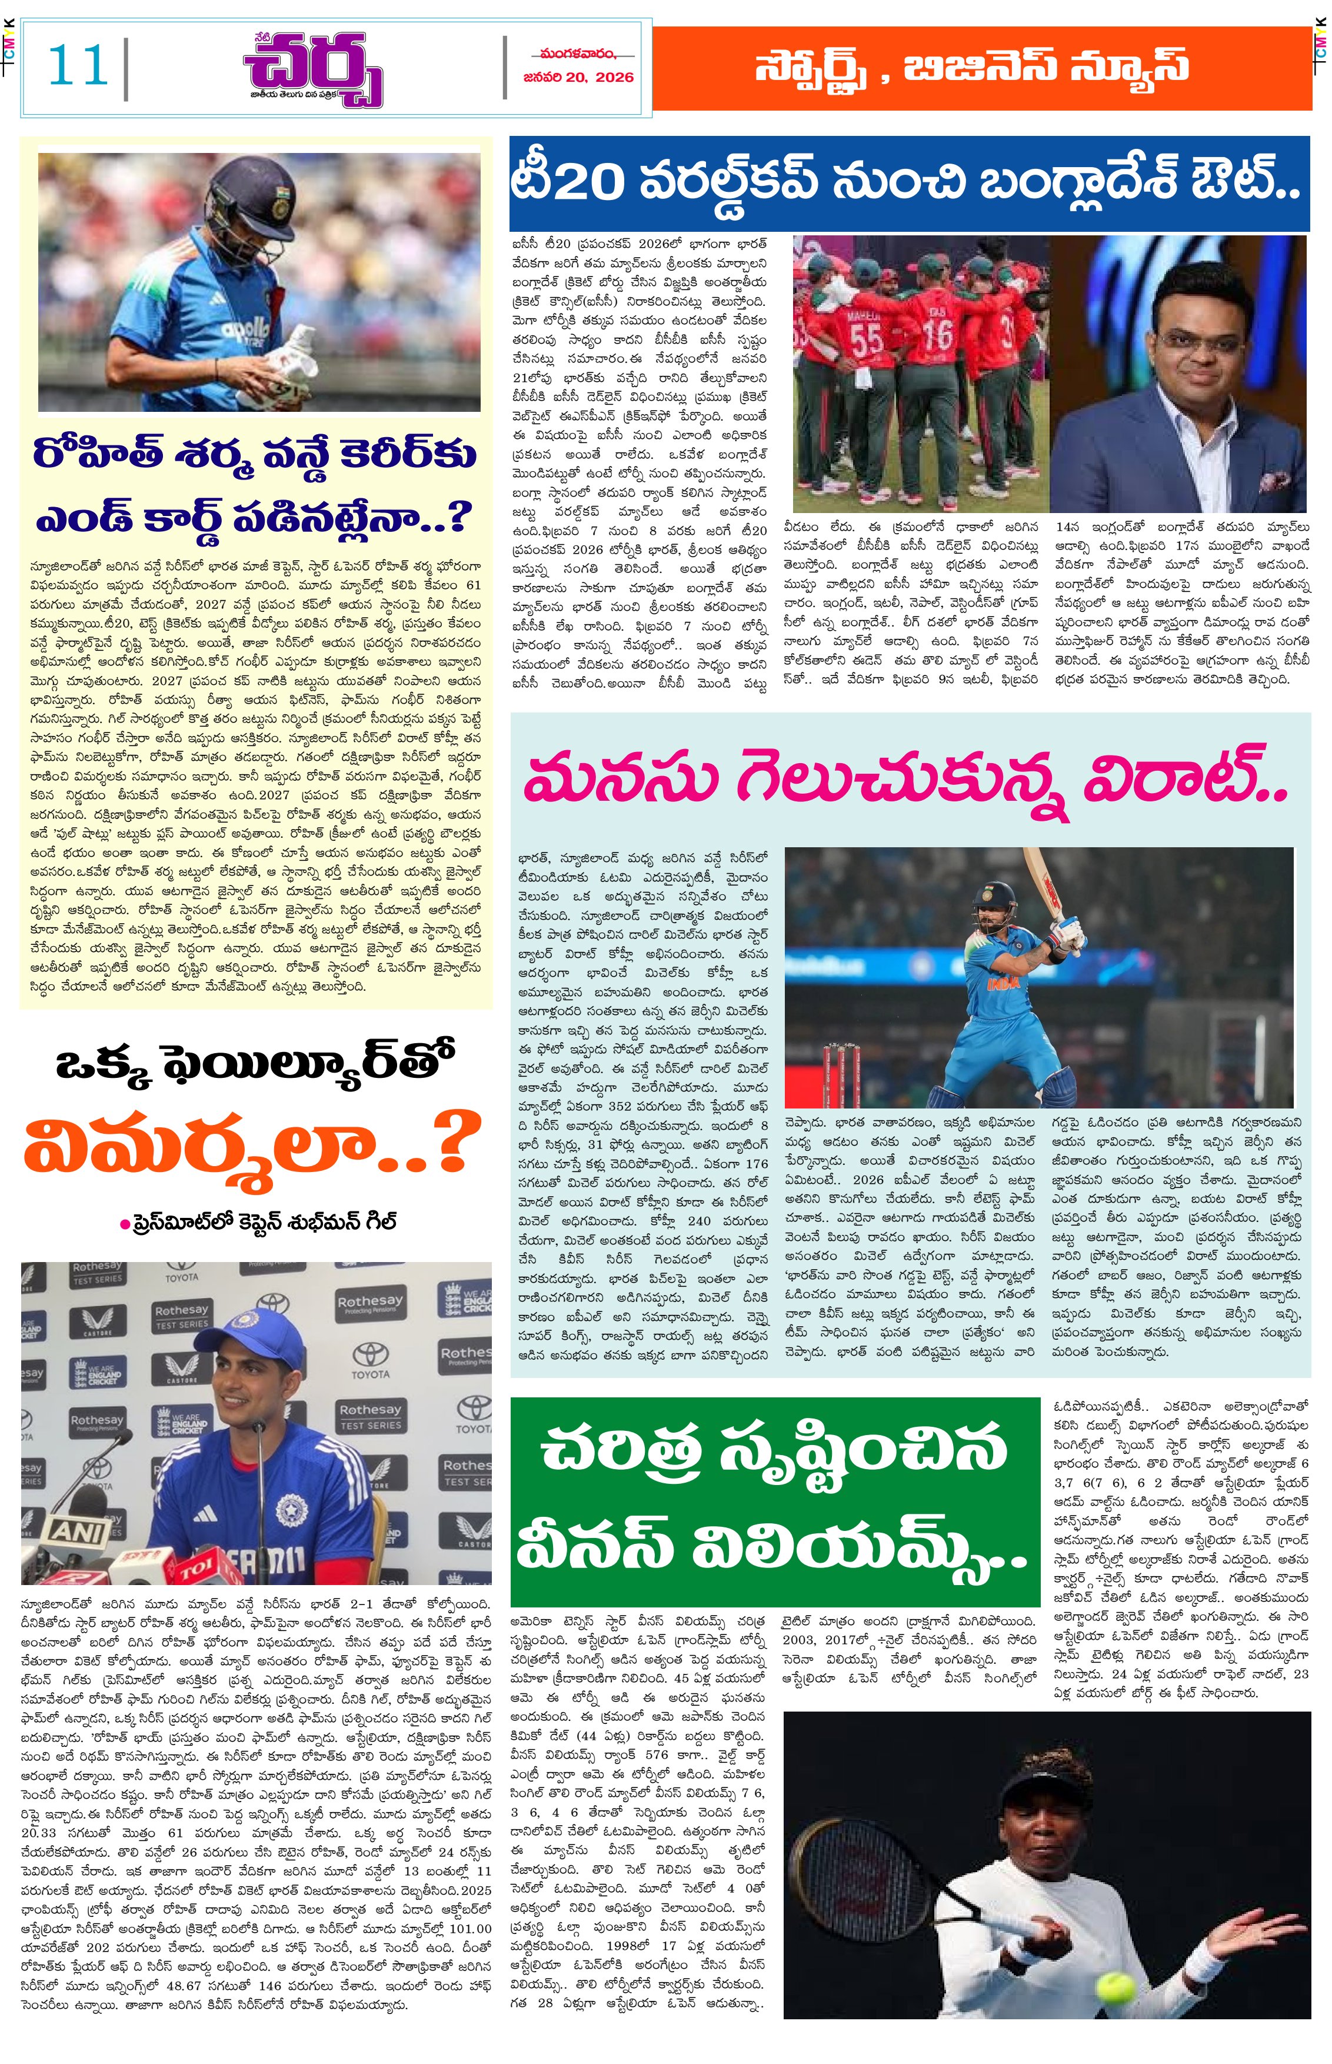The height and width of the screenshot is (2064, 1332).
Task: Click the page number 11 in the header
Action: tap(78, 66)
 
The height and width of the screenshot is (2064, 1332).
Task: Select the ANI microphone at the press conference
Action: tap(78, 1530)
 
